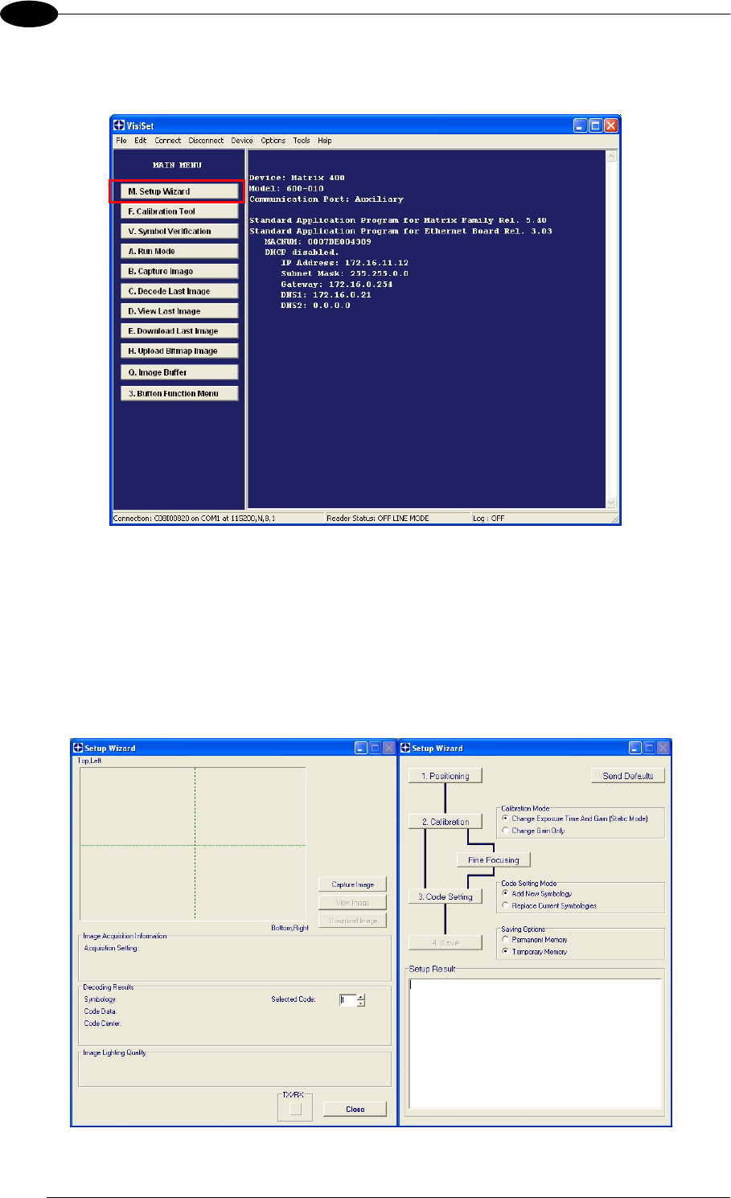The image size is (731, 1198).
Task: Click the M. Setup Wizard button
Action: point(176,191)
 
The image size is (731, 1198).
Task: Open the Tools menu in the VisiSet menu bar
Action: point(302,141)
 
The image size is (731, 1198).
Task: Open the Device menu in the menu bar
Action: point(242,141)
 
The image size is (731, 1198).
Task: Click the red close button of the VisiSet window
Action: point(610,125)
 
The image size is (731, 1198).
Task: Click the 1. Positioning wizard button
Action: point(446,776)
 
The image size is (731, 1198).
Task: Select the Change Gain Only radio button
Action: point(506,831)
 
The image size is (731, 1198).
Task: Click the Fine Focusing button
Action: point(494,860)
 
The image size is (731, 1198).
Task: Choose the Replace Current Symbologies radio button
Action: point(506,905)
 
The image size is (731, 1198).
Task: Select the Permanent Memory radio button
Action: point(506,939)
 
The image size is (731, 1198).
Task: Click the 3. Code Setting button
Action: point(446,896)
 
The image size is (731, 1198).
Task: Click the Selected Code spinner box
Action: point(347,1000)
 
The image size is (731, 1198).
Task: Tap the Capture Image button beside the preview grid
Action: point(353,884)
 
